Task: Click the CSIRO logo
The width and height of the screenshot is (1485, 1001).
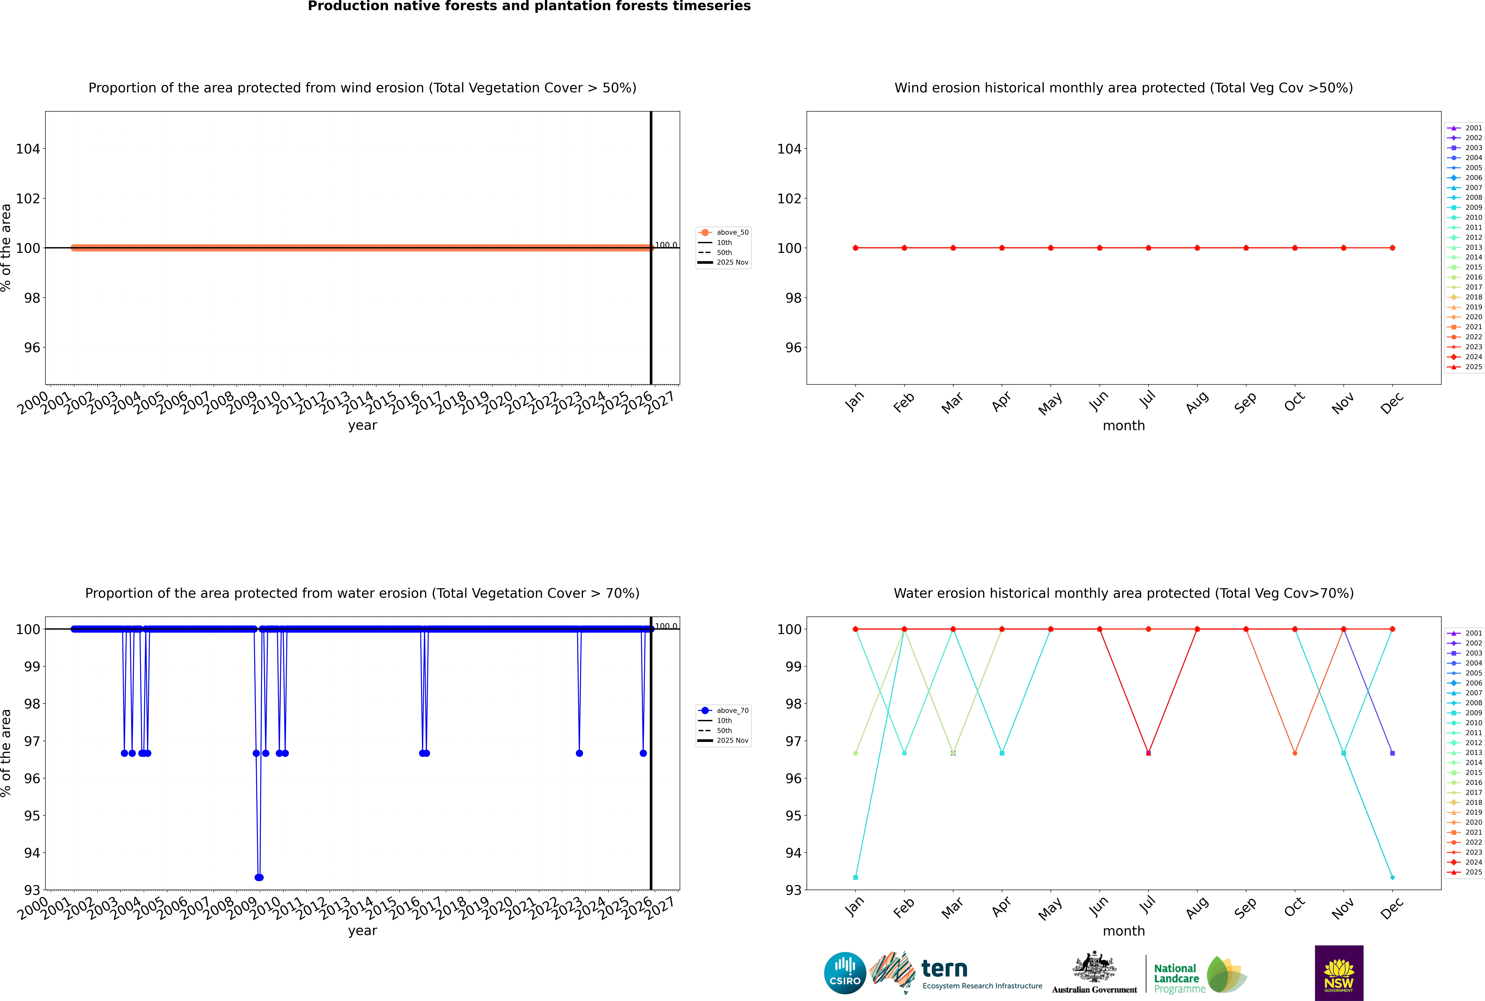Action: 845,973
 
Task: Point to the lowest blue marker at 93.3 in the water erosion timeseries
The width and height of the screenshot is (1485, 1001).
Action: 259,877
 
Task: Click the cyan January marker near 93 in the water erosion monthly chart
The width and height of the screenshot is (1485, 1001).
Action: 856,877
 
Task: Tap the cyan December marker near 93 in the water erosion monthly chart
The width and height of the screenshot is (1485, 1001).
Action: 1392,877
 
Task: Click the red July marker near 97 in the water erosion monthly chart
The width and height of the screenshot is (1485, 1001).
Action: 1148,753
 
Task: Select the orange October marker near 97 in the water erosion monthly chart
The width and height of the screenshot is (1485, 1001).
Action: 1295,753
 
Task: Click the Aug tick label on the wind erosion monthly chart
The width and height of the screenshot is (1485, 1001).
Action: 1197,402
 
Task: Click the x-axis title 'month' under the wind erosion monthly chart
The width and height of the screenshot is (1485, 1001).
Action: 1124,426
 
